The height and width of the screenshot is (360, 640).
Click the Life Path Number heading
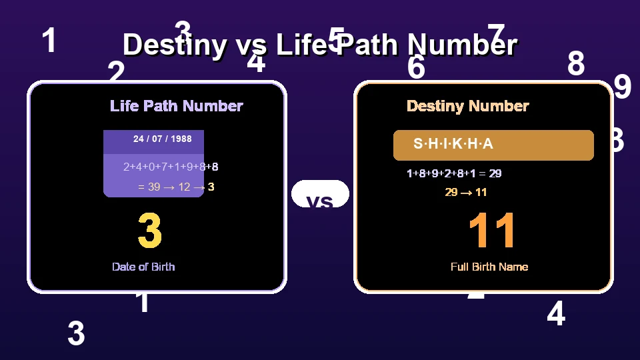(x=176, y=106)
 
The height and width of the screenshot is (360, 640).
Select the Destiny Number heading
(x=467, y=106)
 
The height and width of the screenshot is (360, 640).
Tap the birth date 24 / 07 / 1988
(x=162, y=139)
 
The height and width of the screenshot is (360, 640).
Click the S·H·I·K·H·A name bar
(x=493, y=145)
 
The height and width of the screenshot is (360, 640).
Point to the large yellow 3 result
(x=150, y=231)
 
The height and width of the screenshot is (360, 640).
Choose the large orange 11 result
(x=492, y=231)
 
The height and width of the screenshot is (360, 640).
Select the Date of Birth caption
(x=143, y=267)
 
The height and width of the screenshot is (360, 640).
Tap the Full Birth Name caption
(x=489, y=267)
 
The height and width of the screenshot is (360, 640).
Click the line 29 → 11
(x=465, y=192)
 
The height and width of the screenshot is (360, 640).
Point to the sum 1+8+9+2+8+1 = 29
(x=454, y=173)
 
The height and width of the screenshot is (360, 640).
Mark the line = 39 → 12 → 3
(x=175, y=187)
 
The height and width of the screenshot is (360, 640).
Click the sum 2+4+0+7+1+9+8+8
(x=171, y=167)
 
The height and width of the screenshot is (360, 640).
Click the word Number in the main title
(x=463, y=45)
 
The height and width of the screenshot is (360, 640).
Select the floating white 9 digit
(x=622, y=87)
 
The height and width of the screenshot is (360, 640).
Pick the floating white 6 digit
(x=416, y=68)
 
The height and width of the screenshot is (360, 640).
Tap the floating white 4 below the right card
(x=555, y=314)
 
